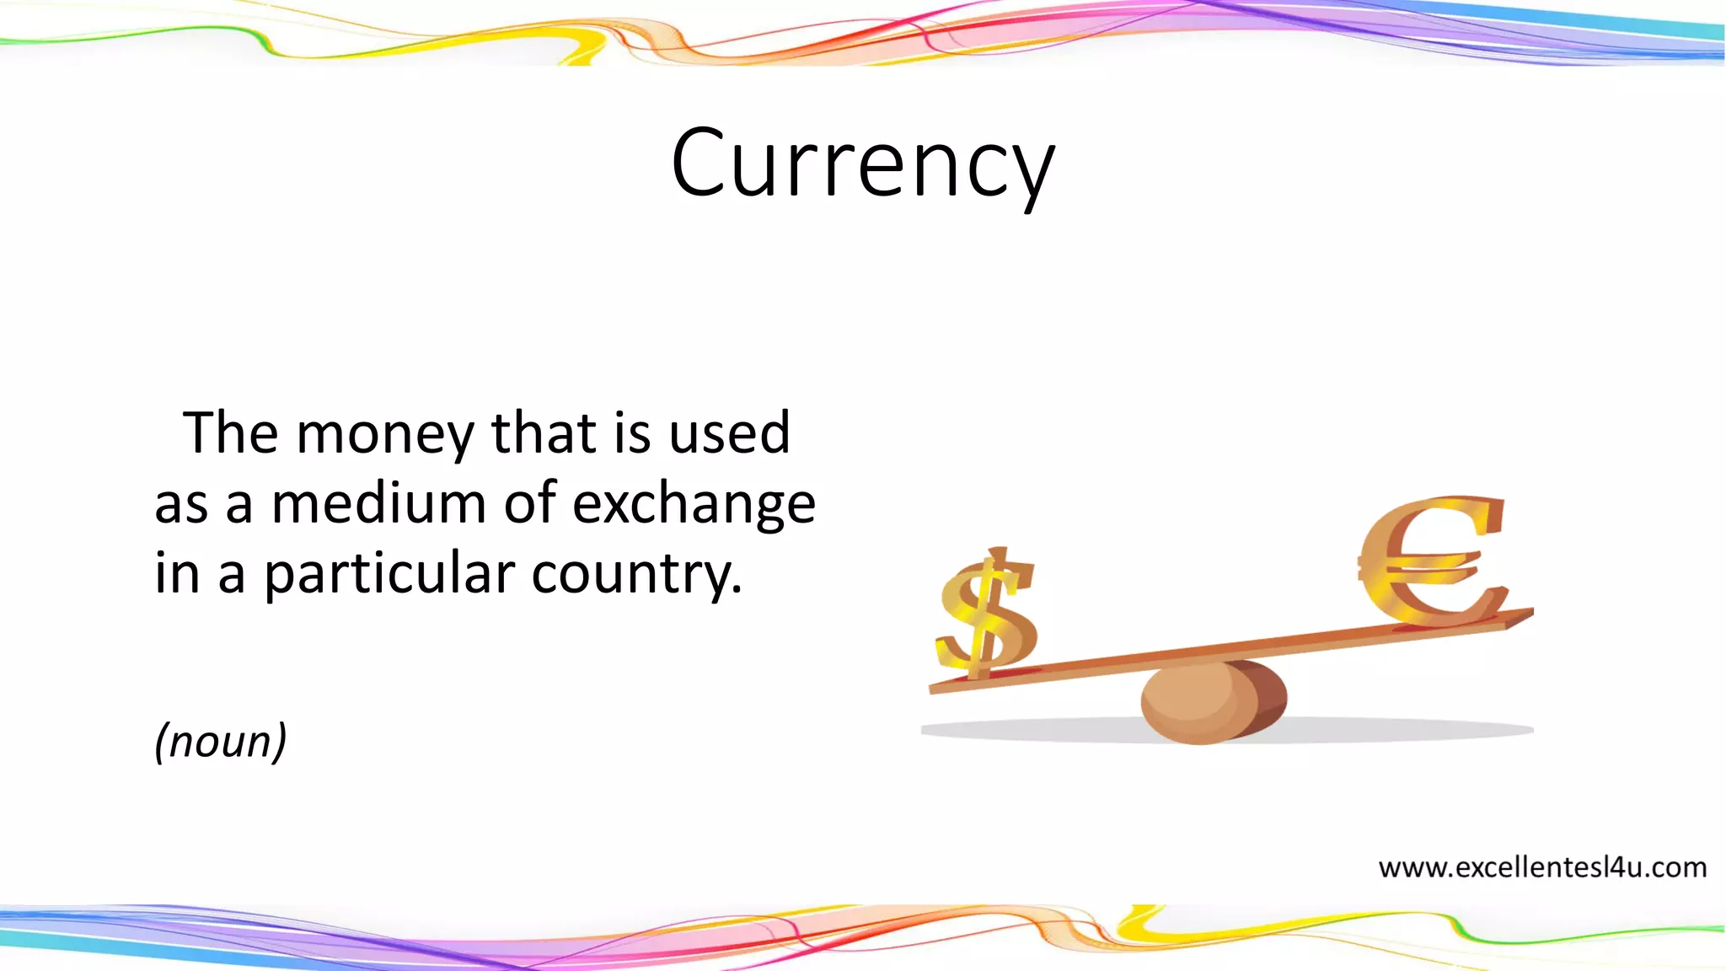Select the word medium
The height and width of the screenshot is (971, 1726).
coord(378,504)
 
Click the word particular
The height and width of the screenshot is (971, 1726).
coord(389,575)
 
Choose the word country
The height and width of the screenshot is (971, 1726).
coord(636,575)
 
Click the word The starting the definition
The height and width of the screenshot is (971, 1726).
coord(230,433)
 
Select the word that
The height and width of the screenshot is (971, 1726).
coord(544,433)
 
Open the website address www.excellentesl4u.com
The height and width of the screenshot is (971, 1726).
coord(1542,867)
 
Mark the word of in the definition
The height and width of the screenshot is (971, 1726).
coord(529,504)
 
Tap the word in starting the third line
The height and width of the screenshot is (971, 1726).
coord(176,575)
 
